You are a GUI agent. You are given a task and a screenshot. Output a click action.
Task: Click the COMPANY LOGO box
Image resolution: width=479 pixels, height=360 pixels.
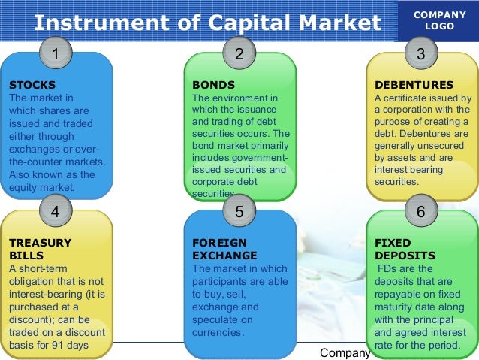(x=440, y=20)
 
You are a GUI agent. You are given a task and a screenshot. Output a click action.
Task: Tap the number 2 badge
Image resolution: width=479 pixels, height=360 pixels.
(x=239, y=54)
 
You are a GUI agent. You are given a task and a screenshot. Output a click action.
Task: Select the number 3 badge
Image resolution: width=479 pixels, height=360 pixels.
(x=420, y=54)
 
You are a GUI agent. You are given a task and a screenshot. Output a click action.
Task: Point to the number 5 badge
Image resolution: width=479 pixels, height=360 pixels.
(x=239, y=212)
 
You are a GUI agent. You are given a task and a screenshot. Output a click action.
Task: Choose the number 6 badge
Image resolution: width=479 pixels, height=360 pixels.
(x=420, y=212)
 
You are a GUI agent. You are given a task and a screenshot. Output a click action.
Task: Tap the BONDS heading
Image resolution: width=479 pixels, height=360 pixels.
(x=214, y=85)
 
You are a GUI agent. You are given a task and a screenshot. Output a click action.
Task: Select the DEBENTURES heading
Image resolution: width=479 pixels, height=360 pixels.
(x=414, y=85)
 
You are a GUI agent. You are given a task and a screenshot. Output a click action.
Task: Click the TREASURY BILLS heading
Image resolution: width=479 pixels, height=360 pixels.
(x=40, y=249)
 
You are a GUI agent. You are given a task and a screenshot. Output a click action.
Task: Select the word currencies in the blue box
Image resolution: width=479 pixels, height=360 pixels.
(x=218, y=332)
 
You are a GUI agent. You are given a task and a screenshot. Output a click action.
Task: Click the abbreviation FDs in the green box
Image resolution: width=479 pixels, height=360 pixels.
(x=388, y=268)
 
